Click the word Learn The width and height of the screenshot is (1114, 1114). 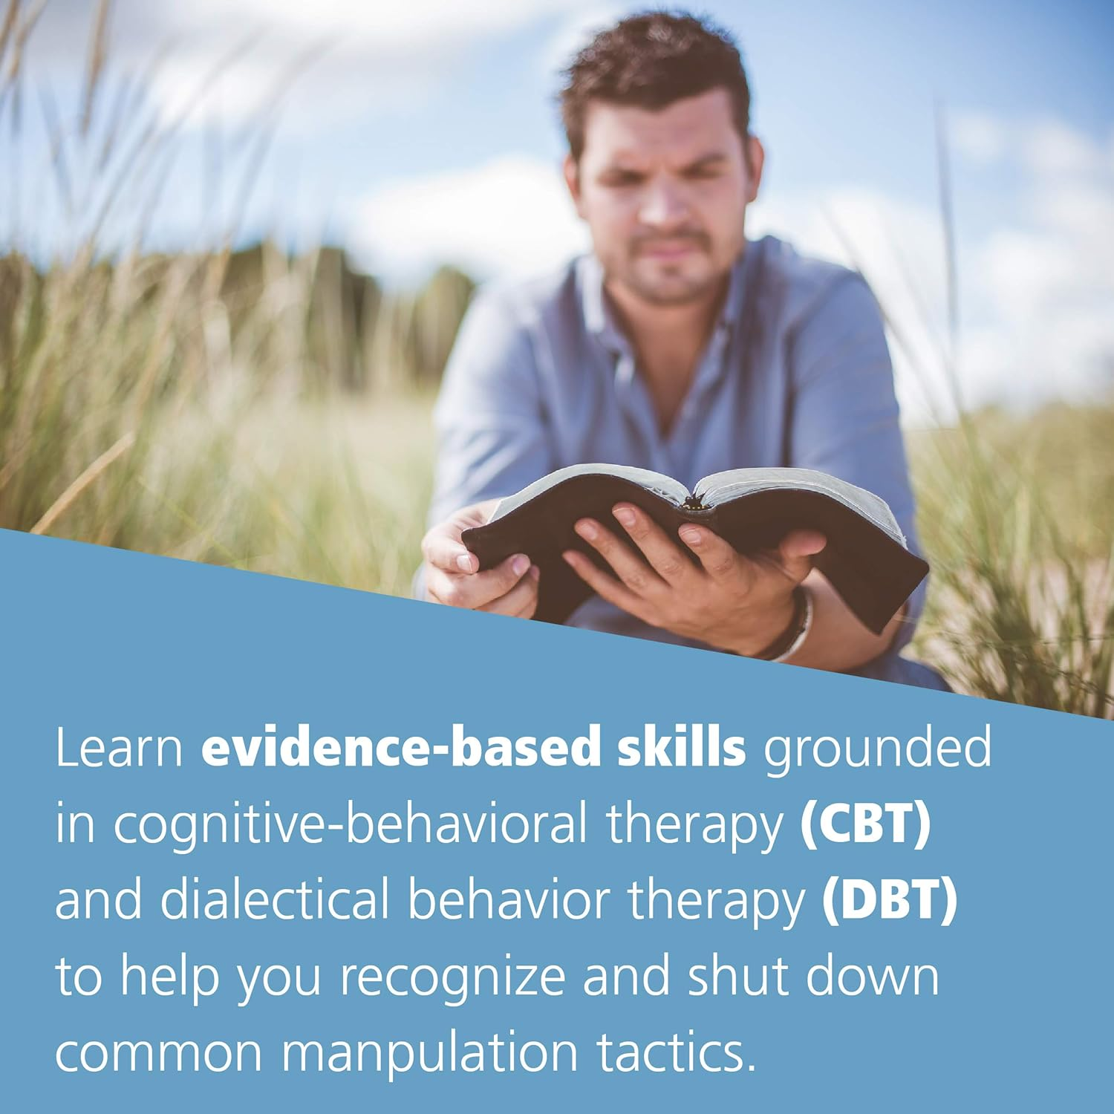119,748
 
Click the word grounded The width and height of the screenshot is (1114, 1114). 877,748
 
